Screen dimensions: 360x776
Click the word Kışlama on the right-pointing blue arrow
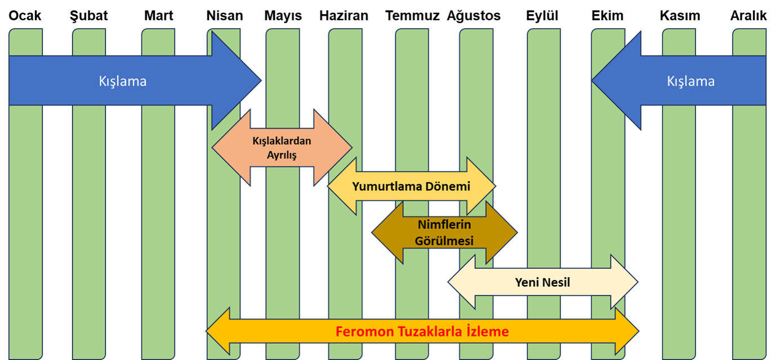click(x=123, y=81)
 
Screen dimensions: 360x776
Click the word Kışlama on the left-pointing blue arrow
click(x=690, y=81)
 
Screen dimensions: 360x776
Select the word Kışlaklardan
click(x=282, y=141)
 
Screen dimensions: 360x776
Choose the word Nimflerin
click(x=444, y=225)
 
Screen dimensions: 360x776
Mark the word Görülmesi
click(x=444, y=241)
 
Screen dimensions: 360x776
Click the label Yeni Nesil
click(x=542, y=282)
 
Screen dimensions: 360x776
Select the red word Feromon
click(x=363, y=332)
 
